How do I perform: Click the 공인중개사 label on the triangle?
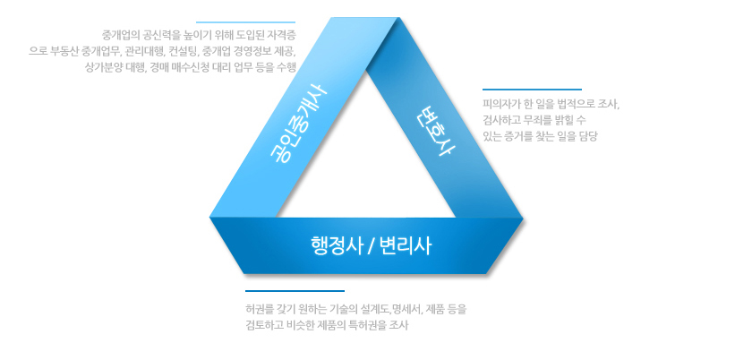[x=298, y=124]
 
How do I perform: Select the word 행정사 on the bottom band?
[x=336, y=246]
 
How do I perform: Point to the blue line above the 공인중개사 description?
[x=245, y=22]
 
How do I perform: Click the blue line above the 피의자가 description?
[x=532, y=90]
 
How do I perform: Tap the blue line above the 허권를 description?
[x=295, y=291]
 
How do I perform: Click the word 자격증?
[x=283, y=35]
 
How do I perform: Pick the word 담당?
[x=589, y=136]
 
